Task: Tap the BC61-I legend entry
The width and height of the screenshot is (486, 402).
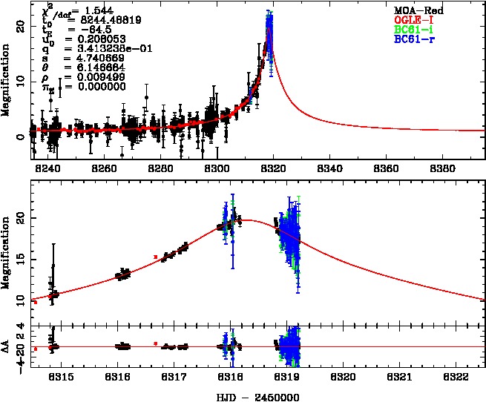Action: (416, 28)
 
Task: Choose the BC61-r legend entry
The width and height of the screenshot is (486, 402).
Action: (416, 37)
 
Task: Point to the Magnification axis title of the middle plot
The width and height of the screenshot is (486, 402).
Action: (6, 248)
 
